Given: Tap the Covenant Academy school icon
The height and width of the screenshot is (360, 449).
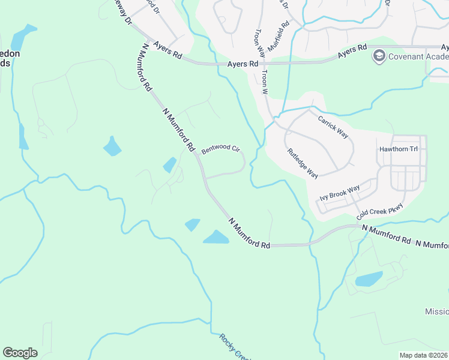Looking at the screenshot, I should (x=379, y=57).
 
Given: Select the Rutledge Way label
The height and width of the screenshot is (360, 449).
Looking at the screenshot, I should (x=303, y=163).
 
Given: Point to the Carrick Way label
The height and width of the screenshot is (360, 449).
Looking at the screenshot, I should (x=333, y=127).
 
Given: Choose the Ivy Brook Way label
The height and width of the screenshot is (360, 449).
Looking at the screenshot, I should (x=340, y=193).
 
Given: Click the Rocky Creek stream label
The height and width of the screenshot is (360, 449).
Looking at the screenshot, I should (x=231, y=345).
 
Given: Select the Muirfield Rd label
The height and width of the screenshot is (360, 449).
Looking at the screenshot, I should (x=279, y=36).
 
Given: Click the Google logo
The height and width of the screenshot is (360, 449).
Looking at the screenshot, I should (x=20, y=353).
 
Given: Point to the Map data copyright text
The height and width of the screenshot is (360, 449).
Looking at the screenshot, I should (x=424, y=355).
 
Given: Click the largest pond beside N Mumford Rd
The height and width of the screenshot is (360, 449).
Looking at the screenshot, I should (x=216, y=237).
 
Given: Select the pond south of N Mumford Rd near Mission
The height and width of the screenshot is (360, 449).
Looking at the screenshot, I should (x=369, y=279).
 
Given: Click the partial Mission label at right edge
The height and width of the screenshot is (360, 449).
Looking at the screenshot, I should (x=436, y=311).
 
